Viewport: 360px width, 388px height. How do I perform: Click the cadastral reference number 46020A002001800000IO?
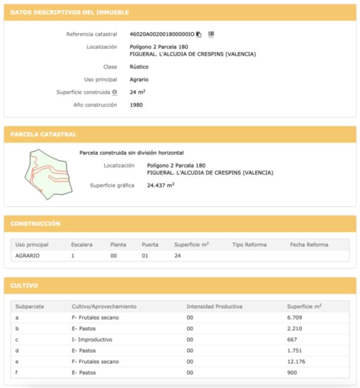click(162, 34)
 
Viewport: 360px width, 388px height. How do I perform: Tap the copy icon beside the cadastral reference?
click(199, 34)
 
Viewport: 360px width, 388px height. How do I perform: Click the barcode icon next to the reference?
click(211, 34)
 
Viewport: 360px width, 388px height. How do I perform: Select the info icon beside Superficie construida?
click(114, 92)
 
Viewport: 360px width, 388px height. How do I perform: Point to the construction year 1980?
click(137, 105)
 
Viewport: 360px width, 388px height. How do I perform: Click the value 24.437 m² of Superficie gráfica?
click(160, 185)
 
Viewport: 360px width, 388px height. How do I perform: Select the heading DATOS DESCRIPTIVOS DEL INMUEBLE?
click(69, 12)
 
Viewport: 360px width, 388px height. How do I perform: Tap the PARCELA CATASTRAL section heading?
click(43, 134)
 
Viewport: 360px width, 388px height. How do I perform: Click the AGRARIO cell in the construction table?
click(27, 256)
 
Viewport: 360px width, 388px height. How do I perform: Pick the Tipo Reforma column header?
click(249, 245)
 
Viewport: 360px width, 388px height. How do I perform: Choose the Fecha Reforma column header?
click(309, 245)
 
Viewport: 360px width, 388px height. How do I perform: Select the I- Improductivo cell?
click(92, 339)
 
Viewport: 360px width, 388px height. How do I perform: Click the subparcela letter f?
click(17, 373)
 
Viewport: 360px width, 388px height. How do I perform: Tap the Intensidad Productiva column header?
click(214, 306)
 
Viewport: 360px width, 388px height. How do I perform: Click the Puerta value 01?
click(146, 256)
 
